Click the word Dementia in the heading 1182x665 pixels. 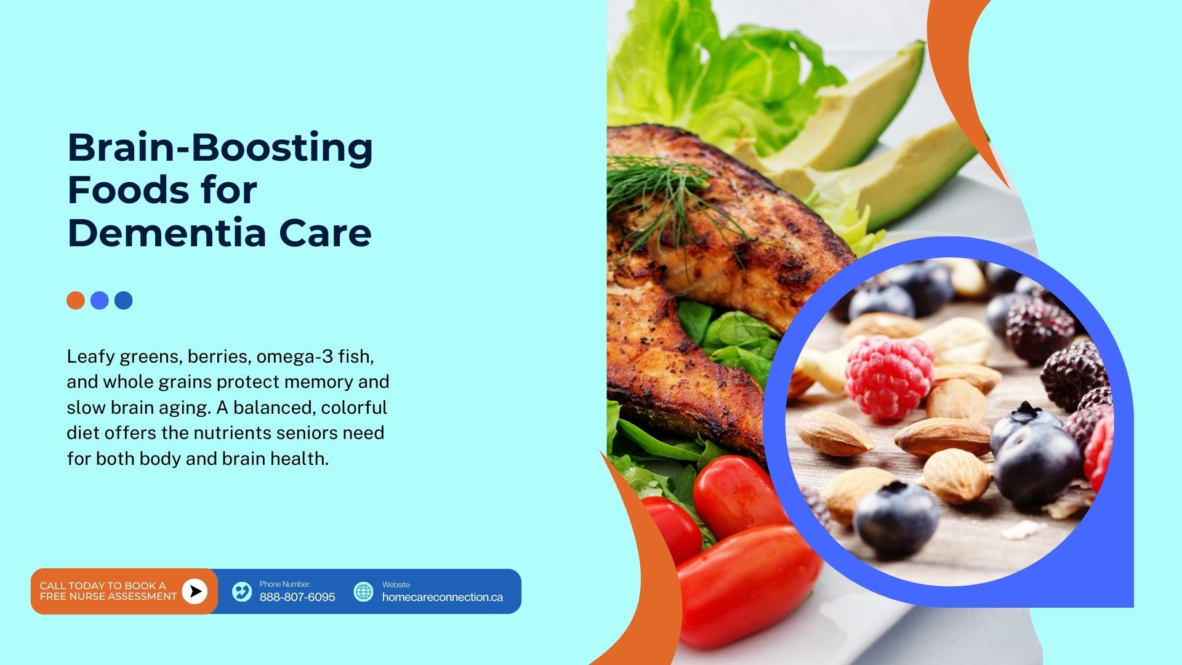[x=167, y=233]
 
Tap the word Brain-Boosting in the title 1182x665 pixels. [x=220, y=148]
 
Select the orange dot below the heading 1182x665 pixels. [x=76, y=300]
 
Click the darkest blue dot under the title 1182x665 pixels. [x=123, y=300]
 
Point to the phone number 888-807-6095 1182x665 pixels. [x=297, y=597]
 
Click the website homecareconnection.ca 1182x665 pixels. [x=443, y=597]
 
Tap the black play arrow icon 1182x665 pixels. [x=195, y=591]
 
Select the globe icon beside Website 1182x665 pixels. [x=363, y=592]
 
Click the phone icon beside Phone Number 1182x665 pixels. [x=242, y=592]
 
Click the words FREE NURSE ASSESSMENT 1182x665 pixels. [x=108, y=596]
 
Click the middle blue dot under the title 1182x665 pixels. [x=100, y=300]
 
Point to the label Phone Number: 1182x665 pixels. [x=285, y=584]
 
